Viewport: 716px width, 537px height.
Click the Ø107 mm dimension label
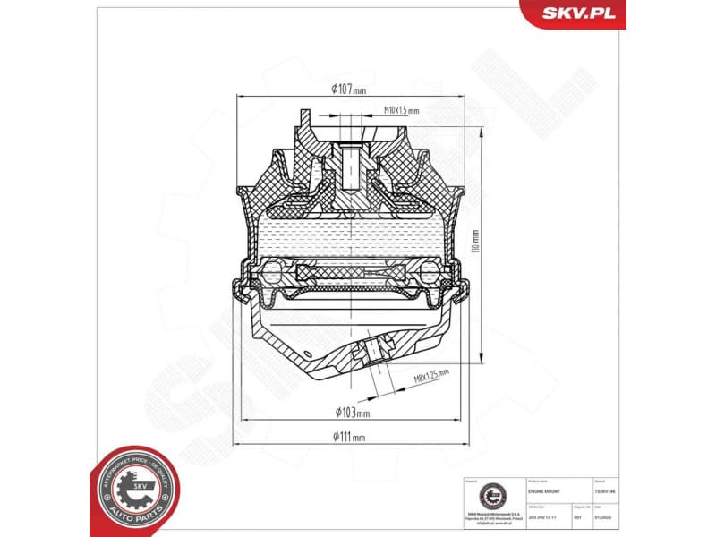coord(348,89)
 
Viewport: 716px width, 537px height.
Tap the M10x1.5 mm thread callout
coord(400,110)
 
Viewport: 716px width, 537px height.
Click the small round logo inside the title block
coord(491,493)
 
